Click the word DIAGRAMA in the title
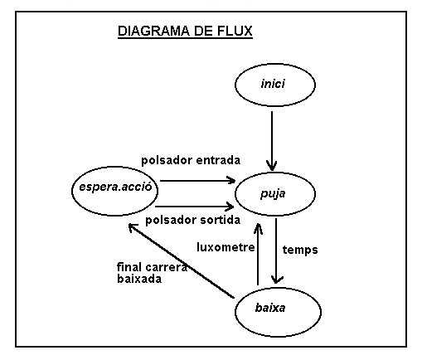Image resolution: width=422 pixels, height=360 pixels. pyautogui.click(x=153, y=31)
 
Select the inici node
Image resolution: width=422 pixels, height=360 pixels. pyautogui.click(x=275, y=85)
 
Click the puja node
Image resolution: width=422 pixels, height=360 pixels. pyautogui.click(x=275, y=194)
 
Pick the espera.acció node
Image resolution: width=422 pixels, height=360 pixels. pyautogui.click(x=114, y=191)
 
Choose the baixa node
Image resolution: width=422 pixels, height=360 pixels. pyautogui.click(x=278, y=312)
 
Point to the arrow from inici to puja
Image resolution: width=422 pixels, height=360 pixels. pyautogui.click(x=272, y=141)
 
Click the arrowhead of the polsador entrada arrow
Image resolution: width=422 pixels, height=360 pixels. pyautogui.click(x=231, y=180)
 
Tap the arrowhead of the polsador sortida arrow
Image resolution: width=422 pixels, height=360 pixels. pyautogui.click(x=230, y=207)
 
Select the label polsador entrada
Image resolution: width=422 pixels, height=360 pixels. pyautogui.click(x=191, y=161)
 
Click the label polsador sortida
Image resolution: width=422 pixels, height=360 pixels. pyautogui.click(x=192, y=221)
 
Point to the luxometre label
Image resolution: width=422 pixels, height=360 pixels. pyautogui.click(x=226, y=247)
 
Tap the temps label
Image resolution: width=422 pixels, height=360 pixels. pyautogui.click(x=300, y=251)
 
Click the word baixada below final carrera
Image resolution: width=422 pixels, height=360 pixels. pyautogui.click(x=139, y=279)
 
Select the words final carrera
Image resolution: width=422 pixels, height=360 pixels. pyautogui.click(x=152, y=267)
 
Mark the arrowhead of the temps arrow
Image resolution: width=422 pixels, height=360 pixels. pyautogui.click(x=277, y=280)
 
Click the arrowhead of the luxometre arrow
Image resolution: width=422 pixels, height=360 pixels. pyautogui.click(x=258, y=228)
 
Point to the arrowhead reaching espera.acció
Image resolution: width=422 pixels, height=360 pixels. pyautogui.click(x=132, y=228)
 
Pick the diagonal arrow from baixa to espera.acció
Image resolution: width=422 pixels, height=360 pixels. pyautogui.click(x=182, y=260)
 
